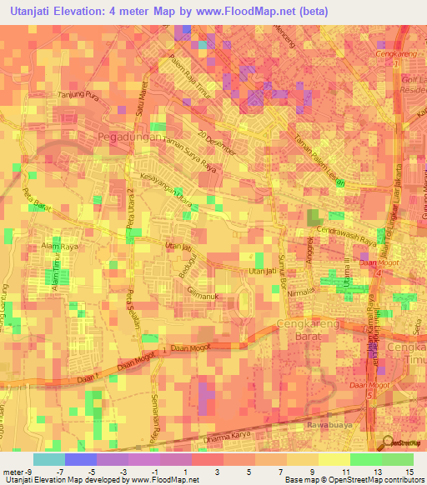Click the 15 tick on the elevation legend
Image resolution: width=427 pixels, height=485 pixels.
point(409,472)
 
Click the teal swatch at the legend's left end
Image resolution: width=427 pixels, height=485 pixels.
point(48,459)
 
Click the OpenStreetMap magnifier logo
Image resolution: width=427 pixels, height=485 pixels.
point(389,442)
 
